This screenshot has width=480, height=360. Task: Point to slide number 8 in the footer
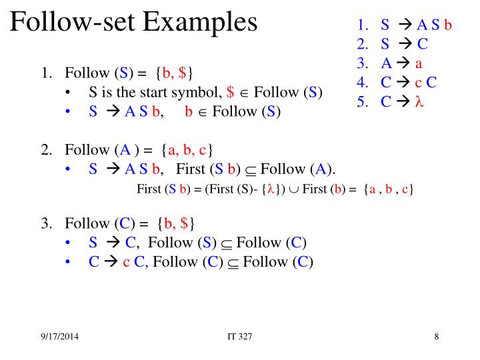436,336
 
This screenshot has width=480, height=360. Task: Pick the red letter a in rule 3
419,64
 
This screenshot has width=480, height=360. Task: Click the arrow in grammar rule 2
405,45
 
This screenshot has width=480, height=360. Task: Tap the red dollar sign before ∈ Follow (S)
231,92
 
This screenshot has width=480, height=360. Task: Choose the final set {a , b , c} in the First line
389,189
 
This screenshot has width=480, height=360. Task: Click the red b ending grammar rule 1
449,25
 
